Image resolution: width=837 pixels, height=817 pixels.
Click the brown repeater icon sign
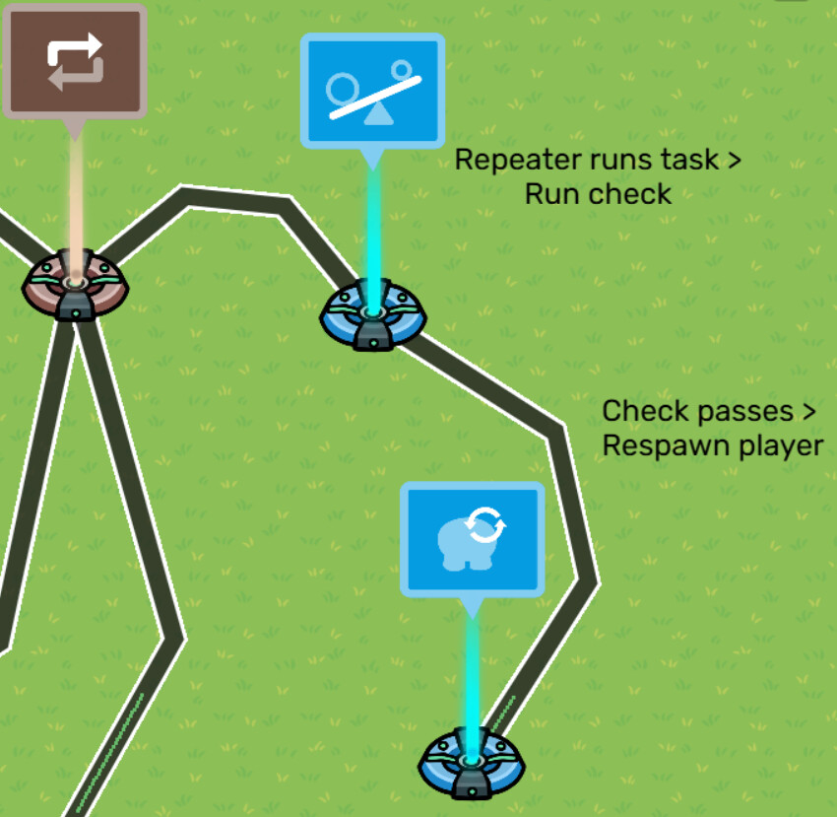point(75,61)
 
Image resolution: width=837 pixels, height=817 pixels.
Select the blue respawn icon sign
point(472,539)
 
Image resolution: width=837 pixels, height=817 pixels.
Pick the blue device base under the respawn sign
point(472,766)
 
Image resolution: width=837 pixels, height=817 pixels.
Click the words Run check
point(598,193)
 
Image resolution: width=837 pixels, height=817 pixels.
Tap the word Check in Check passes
point(641,410)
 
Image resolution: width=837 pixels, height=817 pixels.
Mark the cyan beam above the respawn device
point(472,680)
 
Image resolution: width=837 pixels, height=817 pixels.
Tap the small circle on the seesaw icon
point(402,69)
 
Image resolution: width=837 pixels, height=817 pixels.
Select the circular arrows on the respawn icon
point(485,525)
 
